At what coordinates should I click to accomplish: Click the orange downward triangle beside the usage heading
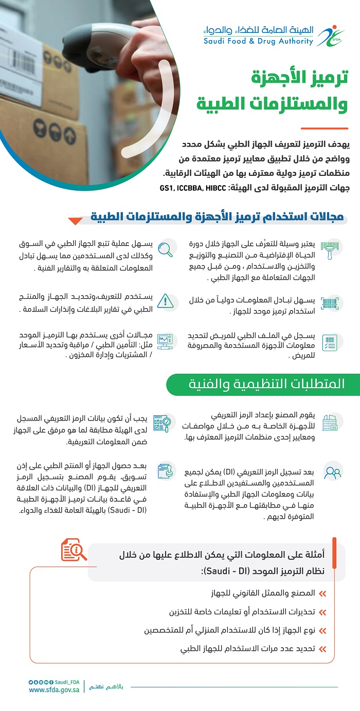75,221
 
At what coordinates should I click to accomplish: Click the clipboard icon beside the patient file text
330,342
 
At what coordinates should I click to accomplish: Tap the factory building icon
330,422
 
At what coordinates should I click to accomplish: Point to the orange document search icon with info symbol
74,550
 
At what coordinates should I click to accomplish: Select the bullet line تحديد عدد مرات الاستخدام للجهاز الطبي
247,649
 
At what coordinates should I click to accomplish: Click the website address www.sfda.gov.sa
54,690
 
